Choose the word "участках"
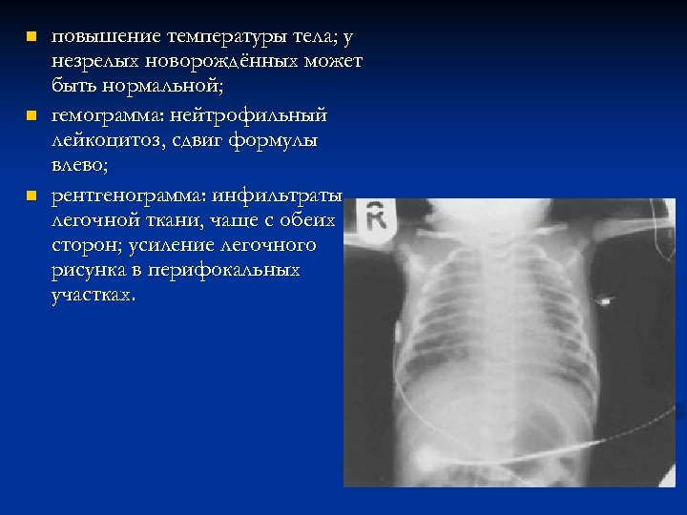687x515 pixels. (x=94, y=295)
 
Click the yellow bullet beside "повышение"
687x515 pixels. (x=31, y=38)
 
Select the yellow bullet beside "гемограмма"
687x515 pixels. (x=31, y=116)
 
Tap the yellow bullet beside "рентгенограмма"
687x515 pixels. (x=31, y=196)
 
